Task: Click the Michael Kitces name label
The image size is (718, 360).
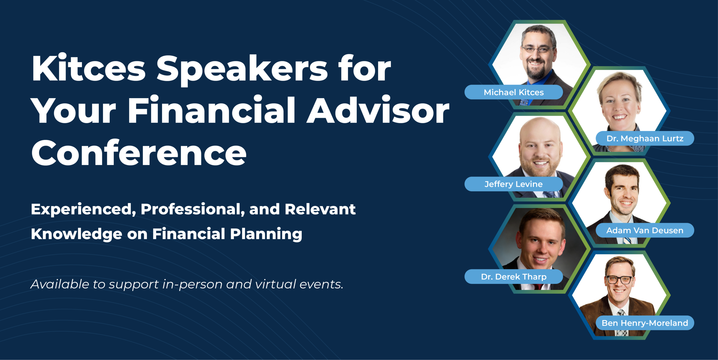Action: (514, 92)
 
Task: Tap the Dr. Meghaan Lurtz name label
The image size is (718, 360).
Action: (645, 138)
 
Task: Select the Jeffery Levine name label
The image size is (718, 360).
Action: (514, 184)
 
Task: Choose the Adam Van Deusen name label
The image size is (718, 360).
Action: (645, 230)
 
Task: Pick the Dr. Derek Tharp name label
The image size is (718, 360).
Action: (514, 277)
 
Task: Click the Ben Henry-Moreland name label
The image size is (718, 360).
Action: (645, 323)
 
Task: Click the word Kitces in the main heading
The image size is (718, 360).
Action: (89, 69)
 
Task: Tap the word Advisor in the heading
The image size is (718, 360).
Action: (378, 111)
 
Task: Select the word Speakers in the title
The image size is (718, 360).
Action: (242, 69)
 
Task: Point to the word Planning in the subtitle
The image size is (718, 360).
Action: (266, 234)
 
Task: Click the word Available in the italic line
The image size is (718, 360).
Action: (60, 284)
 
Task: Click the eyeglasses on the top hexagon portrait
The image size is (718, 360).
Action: (537, 50)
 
